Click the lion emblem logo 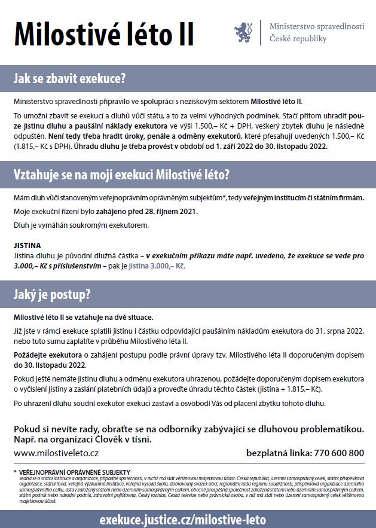point(243,32)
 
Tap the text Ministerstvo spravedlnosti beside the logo point(316,27)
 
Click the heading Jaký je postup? point(52,294)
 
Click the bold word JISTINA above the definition point(27,245)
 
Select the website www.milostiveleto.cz point(56,453)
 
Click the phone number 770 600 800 point(338,453)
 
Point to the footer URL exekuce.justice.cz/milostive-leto point(183,519)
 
